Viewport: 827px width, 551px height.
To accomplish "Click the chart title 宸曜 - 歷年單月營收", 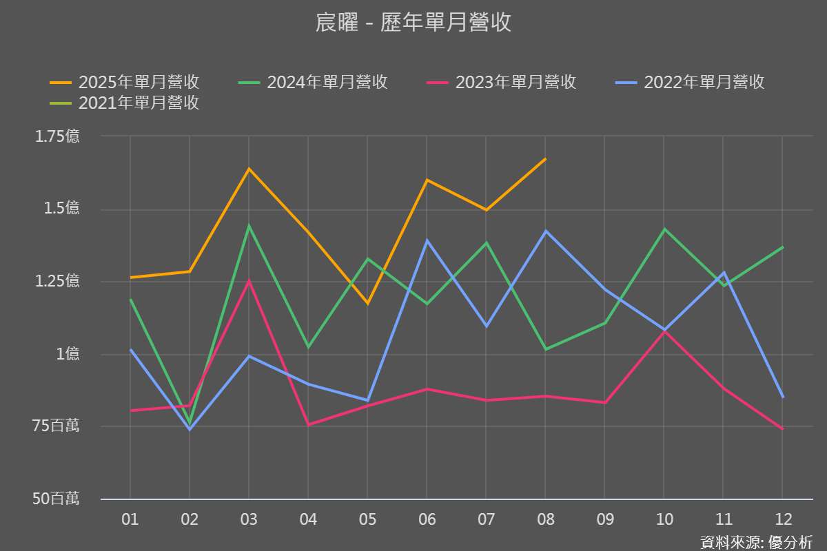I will [x=413, y=23].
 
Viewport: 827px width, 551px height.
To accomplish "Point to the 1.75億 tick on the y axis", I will [x=57, y=136].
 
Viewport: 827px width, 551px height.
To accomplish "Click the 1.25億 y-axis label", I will [x=57, y=281].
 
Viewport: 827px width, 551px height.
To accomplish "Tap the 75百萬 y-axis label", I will [x=57, y=426].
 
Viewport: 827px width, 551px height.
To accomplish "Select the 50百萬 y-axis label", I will [x=56, y=499].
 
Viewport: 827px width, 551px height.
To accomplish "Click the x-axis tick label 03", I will [x=249, y=519].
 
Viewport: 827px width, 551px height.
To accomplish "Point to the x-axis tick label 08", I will [x=545, y=519].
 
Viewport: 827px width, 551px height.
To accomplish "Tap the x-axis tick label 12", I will [x=783, y=519].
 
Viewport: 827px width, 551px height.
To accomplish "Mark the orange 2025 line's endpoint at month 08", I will [x=545, y=159].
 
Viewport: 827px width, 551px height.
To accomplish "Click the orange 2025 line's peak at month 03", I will [x=249, y=169].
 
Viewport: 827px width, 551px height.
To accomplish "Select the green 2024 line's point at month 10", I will [x=664, y=229].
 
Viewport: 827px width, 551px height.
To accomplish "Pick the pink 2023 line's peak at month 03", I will [x=249, y=280].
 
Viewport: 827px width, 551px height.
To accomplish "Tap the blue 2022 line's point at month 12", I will [x=783, y=397].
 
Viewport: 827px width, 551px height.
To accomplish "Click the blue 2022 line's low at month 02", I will [x=190, y=429].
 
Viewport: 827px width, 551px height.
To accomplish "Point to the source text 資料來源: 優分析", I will [x=756, y=542].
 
